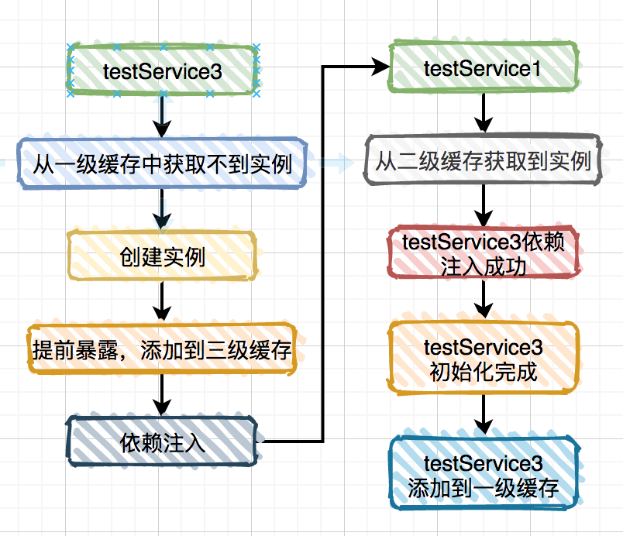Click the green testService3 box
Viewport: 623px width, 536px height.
click(162, 70)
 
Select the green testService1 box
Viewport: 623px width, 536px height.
click(483, 69)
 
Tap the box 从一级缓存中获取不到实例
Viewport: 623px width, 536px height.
click(162, 163)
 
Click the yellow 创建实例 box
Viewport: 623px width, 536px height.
click(162, 256)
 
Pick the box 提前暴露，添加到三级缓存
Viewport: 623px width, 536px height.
click(162, 350)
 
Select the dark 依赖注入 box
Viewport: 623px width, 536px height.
click(162, 442)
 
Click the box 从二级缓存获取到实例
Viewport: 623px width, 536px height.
click(483, 162)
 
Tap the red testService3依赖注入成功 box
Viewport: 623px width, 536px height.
click(483, 253)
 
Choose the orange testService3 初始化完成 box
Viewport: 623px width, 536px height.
click(483, 359)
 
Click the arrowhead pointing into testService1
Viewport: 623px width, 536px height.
click(380, 68)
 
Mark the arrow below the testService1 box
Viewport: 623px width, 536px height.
click(483, 115)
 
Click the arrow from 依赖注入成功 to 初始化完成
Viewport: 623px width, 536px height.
click(483, 298)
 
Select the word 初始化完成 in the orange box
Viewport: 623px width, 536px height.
click(483, 372)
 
